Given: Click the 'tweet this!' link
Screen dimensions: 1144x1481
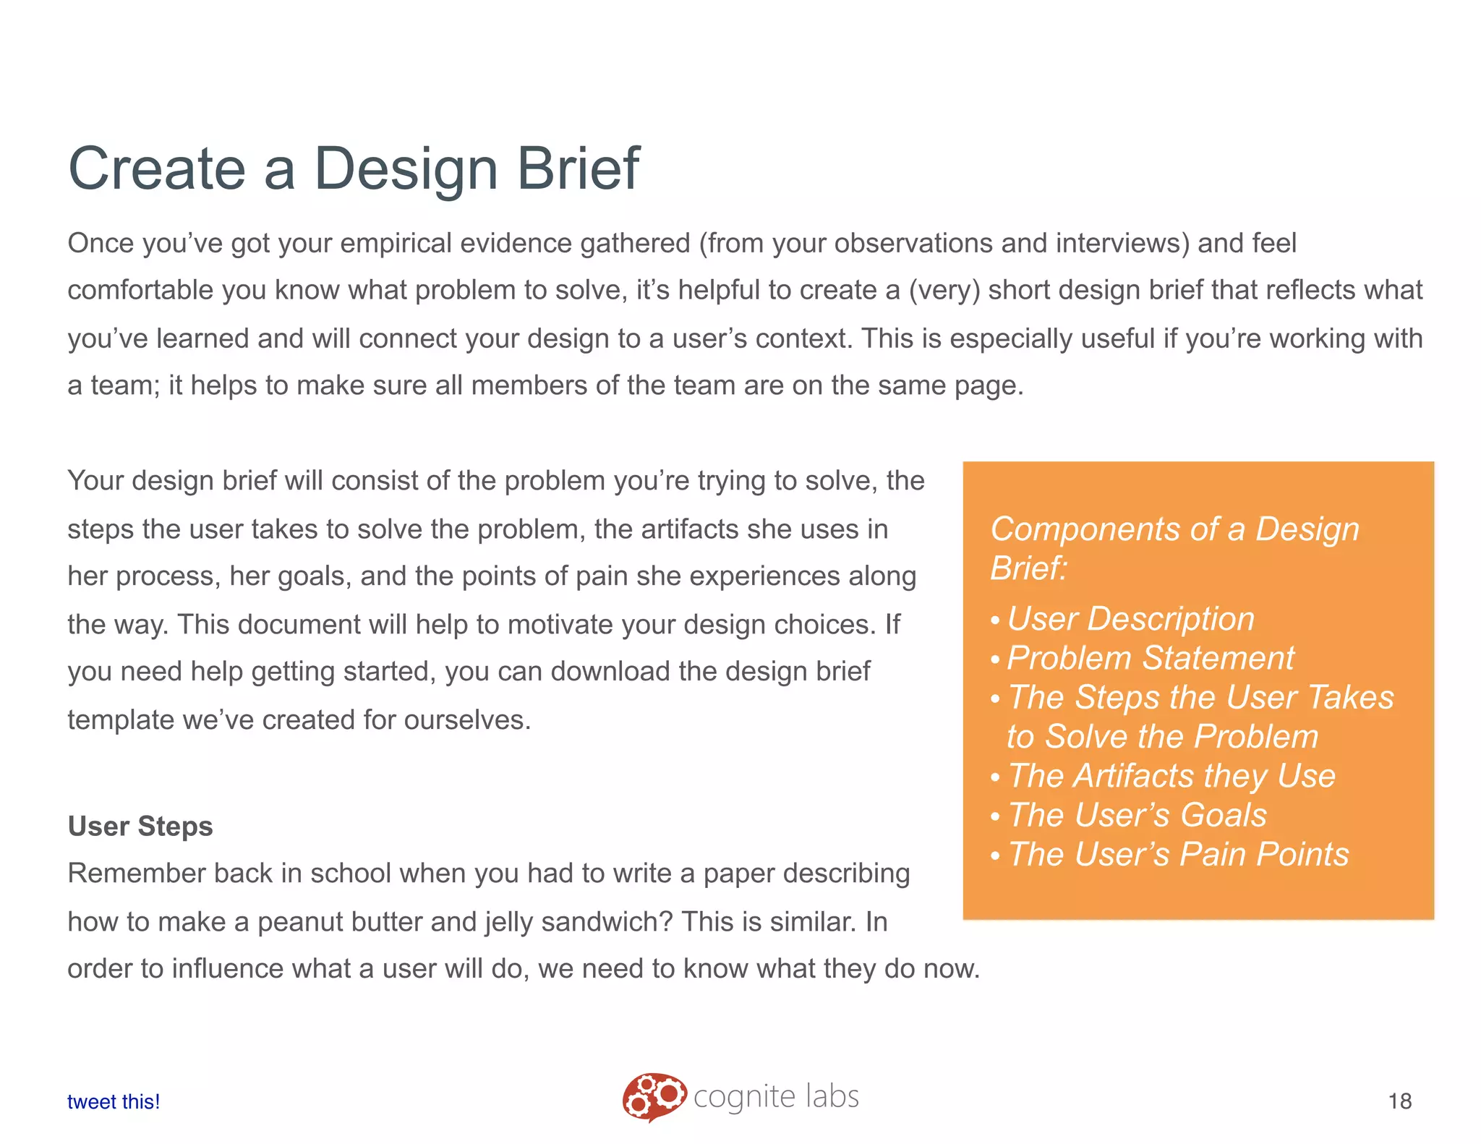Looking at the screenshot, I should (x=114, y=1101).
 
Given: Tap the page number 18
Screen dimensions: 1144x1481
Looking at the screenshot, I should (x=1400, y=1101).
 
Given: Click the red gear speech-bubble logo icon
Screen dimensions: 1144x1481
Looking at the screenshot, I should (x=653, y=1096).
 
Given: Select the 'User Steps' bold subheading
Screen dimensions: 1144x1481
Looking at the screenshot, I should (x=140, y=826).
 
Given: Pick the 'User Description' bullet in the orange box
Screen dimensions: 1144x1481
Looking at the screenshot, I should (x=1130, y=619).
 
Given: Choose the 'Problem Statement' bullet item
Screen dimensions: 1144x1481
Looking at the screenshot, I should (x=1150, y=658).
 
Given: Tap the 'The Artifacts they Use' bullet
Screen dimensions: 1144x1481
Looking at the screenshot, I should (x=1171, y=776).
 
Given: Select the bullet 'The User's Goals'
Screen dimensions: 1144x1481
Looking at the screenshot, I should (x=1137, y=815).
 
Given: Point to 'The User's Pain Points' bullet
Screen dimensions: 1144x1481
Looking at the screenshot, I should (x=1178, y=854).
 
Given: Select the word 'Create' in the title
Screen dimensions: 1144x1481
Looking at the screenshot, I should (x=157, y=168).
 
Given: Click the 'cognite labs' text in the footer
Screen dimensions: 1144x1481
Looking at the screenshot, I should (x=776, y=1097).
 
